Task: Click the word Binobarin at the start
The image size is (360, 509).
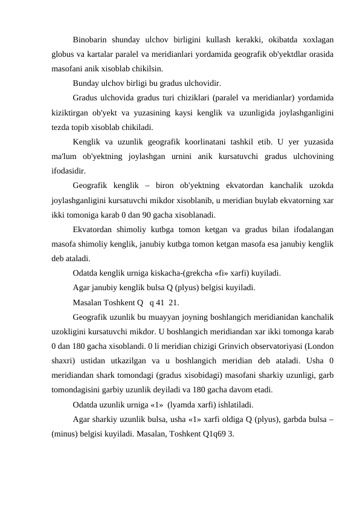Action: tap(89, 41)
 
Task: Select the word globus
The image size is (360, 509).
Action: tap(64, 54)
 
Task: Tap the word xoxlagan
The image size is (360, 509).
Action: tap(317, 41)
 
